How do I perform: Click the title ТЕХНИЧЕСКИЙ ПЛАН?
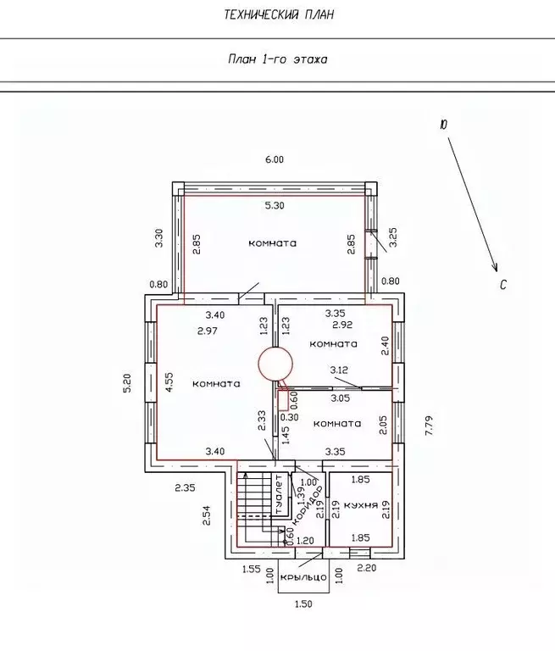pos(279,15)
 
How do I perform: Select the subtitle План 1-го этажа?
pos(278,59)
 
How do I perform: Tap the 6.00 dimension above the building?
pos(275,159)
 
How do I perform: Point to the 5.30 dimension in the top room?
pos(275,205)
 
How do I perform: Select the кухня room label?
pos(361,505)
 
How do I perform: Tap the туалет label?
pos(280,494)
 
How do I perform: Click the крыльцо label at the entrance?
pos(303,577)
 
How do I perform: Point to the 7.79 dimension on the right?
pos(430,425)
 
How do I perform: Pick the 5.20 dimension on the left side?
pos(127,383)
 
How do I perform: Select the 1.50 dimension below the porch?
pos(303,604)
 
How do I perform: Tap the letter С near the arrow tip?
pos(503,285)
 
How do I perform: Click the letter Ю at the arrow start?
pos(443,125)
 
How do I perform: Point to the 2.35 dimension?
pos(185,487)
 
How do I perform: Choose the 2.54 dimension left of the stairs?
pos(206,515)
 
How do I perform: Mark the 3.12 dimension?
pos(339,370)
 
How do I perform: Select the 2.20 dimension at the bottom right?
pos(367,567)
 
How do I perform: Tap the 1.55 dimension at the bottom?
pos(252,569)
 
